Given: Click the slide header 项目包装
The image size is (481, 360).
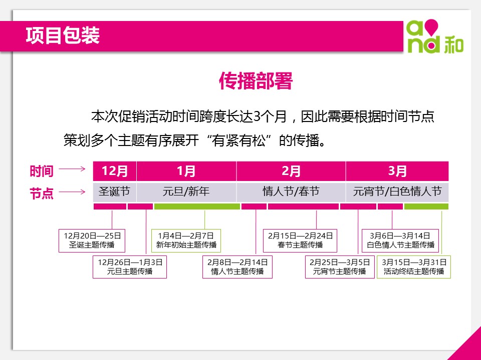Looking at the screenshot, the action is pos(63,35).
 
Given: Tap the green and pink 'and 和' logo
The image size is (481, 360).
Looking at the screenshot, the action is pos(435,36).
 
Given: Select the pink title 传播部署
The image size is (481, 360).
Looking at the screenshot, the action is pos(256,81).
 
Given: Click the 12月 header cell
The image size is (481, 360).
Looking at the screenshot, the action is pos(115,171).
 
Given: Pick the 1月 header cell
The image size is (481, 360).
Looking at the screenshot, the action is pos(186,171).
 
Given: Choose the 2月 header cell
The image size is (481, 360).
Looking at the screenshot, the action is pos(291,171).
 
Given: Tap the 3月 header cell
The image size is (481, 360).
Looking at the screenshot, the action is pos(397,171).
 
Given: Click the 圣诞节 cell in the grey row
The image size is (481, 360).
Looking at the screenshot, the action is pos(115,192).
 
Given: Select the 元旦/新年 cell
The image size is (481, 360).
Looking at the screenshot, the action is pos(186,192).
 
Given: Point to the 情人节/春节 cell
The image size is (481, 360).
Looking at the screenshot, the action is pos(291,192).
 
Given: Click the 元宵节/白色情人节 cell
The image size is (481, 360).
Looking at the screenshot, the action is pos(397,192).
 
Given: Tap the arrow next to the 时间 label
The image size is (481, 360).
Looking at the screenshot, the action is pos(72,168).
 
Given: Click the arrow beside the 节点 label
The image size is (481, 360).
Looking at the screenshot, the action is pos(72,192).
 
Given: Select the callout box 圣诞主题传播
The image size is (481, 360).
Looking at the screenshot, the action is pos(92,240).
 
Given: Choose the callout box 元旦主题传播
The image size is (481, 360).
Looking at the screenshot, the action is pos(130,267).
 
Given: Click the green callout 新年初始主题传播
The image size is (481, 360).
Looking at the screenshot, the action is pos(186,240).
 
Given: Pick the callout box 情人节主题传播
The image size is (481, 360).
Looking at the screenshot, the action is pos(237,267).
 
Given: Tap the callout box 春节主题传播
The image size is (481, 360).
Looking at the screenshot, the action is pos(300,240).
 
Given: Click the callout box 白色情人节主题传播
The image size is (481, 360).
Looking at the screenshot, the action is pos(400,240).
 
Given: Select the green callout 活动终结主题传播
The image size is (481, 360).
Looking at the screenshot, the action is pos(414,267).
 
